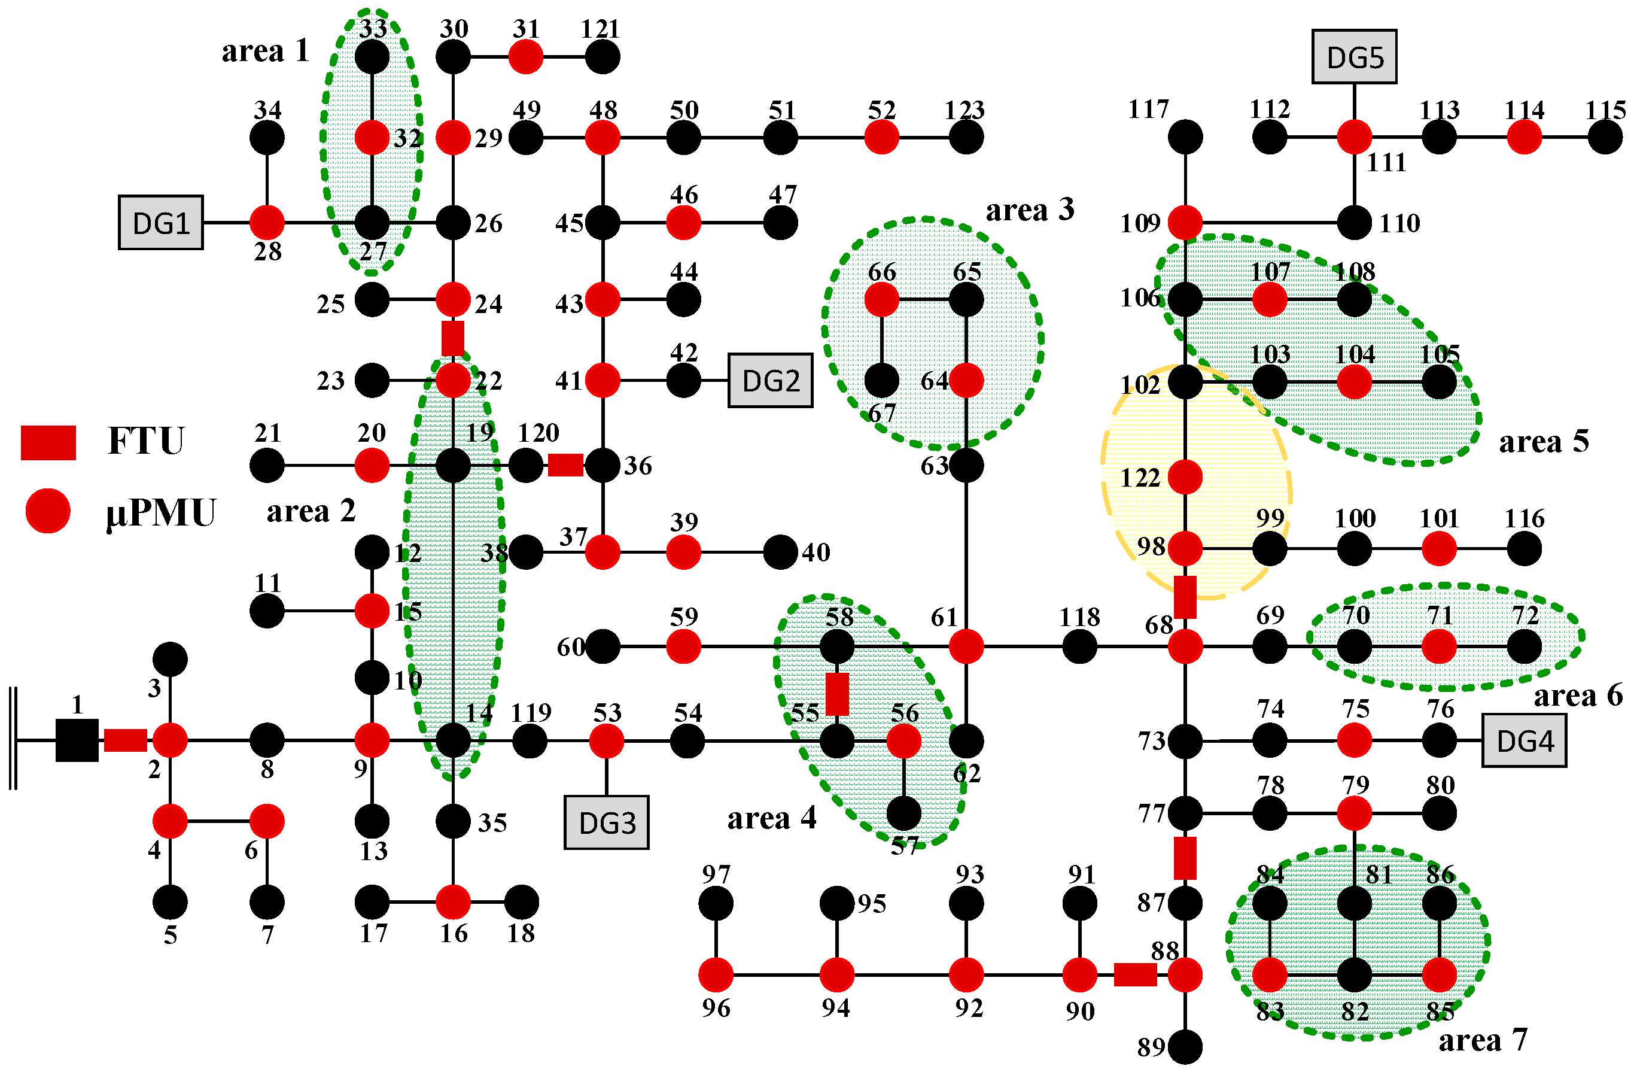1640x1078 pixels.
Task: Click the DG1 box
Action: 160,223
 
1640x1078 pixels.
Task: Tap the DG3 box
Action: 606,822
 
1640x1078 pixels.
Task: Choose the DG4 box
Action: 1525,741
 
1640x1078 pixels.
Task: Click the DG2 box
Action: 771,381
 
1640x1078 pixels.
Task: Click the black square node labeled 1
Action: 77,740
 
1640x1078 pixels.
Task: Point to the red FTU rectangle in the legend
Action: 48,442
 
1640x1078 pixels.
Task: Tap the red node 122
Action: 1185,477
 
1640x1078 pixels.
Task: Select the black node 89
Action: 1185,1047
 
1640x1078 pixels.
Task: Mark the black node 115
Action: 1605,137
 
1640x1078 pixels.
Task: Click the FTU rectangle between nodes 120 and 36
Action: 565,465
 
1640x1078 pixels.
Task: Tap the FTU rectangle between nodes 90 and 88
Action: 1135,974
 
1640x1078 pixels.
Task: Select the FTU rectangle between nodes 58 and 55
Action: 837,694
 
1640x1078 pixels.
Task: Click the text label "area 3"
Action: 1030,209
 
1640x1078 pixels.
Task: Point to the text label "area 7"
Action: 1482,1040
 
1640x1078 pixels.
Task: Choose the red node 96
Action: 716,974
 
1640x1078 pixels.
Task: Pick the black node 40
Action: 781,552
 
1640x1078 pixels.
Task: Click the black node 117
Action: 1185,137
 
